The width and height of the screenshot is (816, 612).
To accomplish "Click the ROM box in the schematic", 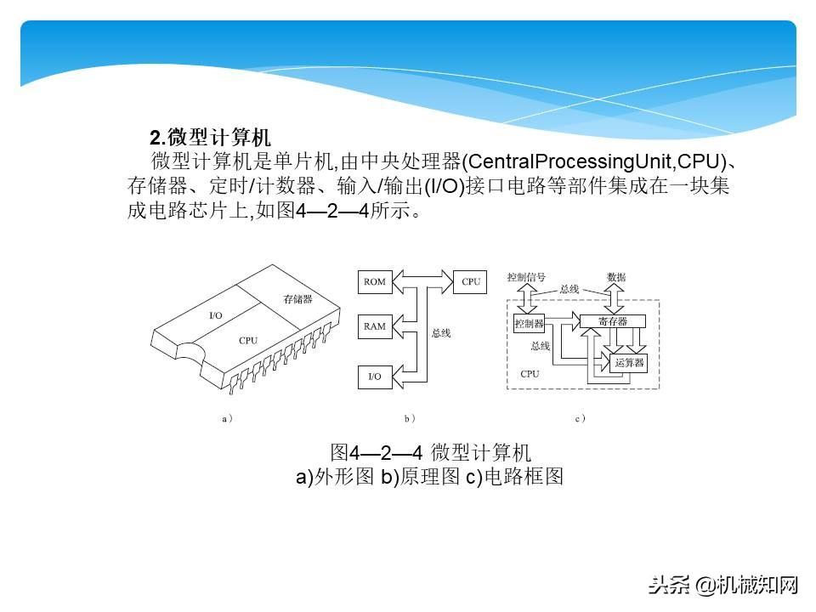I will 374,282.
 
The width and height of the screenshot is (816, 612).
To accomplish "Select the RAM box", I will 374,326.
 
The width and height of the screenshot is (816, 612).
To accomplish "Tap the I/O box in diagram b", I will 374,376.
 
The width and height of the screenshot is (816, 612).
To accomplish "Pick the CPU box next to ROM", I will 471,282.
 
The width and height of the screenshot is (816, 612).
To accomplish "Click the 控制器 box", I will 529,323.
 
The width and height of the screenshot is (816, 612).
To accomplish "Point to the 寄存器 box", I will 613,321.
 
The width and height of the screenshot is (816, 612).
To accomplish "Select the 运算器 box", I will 629,362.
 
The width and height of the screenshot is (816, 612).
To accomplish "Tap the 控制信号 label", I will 526,278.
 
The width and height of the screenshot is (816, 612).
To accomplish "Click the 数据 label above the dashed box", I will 617,278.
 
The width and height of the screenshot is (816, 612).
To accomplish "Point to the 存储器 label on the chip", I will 297,299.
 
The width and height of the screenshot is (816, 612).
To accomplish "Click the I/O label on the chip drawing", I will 216,315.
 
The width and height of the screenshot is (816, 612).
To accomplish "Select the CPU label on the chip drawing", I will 248,341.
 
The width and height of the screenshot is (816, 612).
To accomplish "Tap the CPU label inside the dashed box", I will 530,373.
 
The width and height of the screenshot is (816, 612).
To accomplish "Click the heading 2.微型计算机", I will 210,137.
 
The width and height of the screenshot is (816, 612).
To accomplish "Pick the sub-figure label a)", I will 227,418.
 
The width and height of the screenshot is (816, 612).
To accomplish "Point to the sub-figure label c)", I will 581,418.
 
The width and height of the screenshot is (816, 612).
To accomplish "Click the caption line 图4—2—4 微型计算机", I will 430,451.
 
